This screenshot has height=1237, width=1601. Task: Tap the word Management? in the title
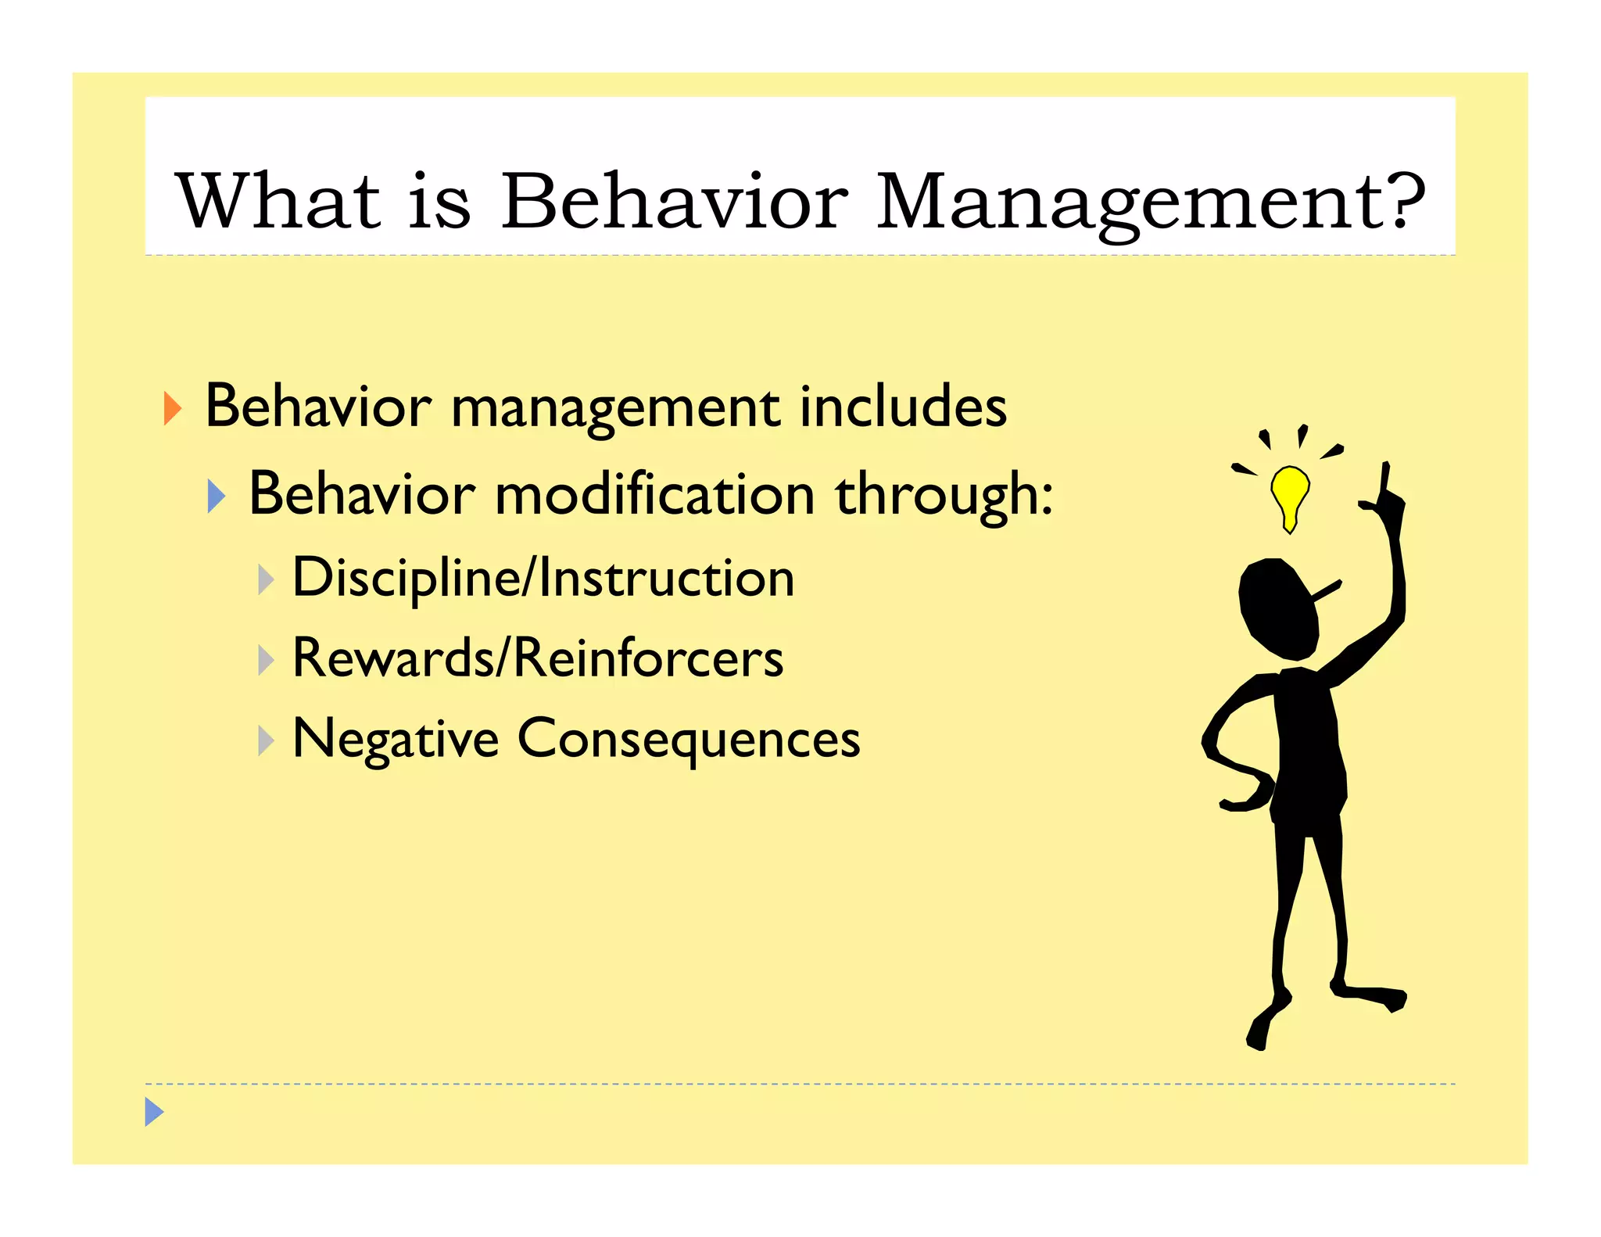pos(1150,203)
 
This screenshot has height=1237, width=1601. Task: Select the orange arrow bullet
pos(172,408)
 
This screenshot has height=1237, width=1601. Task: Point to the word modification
pos(655,495)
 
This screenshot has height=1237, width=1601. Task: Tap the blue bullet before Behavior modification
pos(217,497)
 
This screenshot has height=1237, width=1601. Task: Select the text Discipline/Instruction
pos(543,579)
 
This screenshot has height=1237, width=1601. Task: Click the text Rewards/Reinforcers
pos(537,658)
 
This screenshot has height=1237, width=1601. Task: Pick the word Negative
pos(395,740)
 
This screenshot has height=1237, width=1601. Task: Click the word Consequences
pos(688,740)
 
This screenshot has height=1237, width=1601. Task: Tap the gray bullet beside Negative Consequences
pos(266,740)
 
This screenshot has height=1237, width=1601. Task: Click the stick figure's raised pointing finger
pos(1384,477)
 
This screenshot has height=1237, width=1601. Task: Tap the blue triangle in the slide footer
pos(154,1111)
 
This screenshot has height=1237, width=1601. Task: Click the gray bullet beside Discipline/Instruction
pos(266,580)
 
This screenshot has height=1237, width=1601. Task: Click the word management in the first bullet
pos(615,409)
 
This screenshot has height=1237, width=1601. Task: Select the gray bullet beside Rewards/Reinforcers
pos(266,660)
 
